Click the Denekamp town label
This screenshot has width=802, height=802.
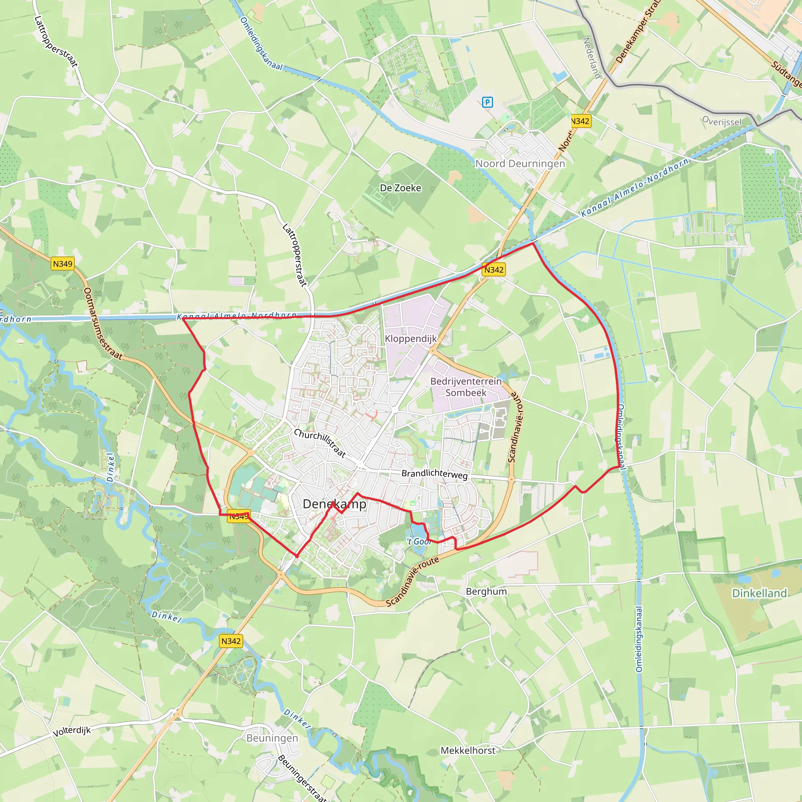[334, 504]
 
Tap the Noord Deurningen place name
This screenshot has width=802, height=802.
[520, 164]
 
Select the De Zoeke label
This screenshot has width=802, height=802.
[400, 188]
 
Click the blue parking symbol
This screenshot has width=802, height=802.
[487, 102]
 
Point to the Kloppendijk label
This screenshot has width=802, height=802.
[410, 339]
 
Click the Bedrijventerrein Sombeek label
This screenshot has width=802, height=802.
[466, 387]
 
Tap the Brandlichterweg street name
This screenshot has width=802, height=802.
[434, 474]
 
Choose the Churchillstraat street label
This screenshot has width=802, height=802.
[320, 443]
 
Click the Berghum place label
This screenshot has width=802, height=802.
[486, 592]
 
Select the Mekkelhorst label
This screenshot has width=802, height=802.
[468, 751]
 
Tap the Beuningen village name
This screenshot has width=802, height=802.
[272, 738]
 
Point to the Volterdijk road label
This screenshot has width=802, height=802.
[71, 731]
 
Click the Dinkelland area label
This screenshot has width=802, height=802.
[759, 593]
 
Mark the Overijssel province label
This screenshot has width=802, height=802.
[721, 121]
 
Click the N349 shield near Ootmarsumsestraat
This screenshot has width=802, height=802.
[63, 264]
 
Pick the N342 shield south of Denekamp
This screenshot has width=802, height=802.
[231, 641]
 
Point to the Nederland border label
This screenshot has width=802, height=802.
[592, 58]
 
